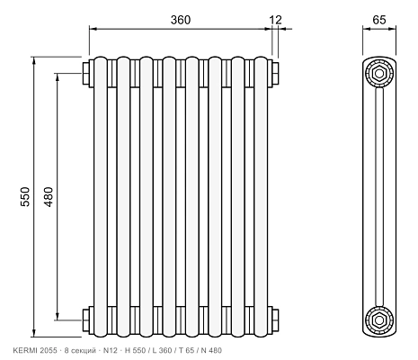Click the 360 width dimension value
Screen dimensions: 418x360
point(181,20)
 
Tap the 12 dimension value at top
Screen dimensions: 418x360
point(275,20)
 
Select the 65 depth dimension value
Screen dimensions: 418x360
point(379,20)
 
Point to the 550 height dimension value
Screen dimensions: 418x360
point(25,196)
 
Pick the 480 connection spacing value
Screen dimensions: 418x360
point(49,197)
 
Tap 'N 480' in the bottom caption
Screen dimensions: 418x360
point(211,350)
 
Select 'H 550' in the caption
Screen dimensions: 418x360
point(135,350)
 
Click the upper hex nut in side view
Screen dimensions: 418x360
point(379,74)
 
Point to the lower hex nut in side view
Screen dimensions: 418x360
point(379,320)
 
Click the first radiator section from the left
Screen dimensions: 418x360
point(101,197)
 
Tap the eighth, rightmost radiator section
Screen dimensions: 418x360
point(261,197)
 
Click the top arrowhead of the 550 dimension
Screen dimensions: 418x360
point(34,60)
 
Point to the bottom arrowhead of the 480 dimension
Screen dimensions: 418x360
point(58,316)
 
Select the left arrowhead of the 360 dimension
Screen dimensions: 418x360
point(93,29)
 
